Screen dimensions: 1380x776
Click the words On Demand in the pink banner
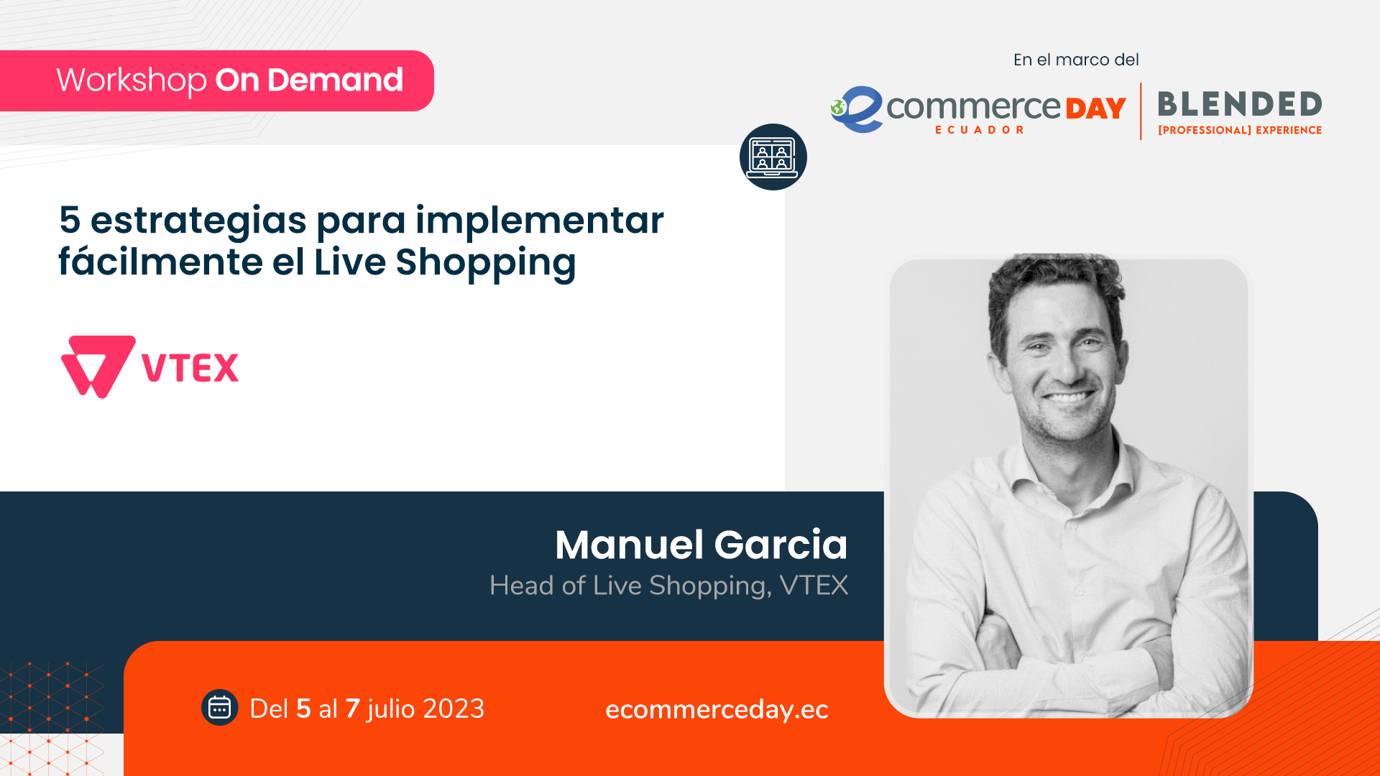pyautogui.click(x=309, y=80)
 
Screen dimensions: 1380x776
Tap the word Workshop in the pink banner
pyautogui.click(x=132, y=80)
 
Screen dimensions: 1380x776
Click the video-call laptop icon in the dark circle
pyautogui.click(x=773, y=157)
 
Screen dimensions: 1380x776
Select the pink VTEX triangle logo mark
pyautogui.click(x=98, y=366)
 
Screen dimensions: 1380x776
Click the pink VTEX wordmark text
pyautogui.click(x=190, y=368)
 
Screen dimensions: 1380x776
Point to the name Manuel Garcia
pyautogui.click(x=701, y=544)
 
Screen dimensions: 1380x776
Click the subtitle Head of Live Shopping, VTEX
pyautogui.click(x=668, y=586)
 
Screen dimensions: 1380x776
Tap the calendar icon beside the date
pyautogui.click(x=219, y=708)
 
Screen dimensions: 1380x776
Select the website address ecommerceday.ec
pyautogui.click(x=717, y=710)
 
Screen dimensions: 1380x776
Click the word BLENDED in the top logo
pyautogui.click(x=1240, y=105)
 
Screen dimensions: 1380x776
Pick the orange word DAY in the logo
pyautogui.click(x=1096, y=109)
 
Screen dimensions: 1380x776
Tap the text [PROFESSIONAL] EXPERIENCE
pyautogui.click(x=1240, y=130)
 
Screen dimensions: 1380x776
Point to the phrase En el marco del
pyautogui.click(x=1076, y=60)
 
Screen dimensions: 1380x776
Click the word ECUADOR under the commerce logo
pyautogui.click(x=980, y=130)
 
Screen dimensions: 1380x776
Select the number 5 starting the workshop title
pyautogui.click(x=70, y=220)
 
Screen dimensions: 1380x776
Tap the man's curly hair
pyautogui.click(x=1055, y=284)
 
